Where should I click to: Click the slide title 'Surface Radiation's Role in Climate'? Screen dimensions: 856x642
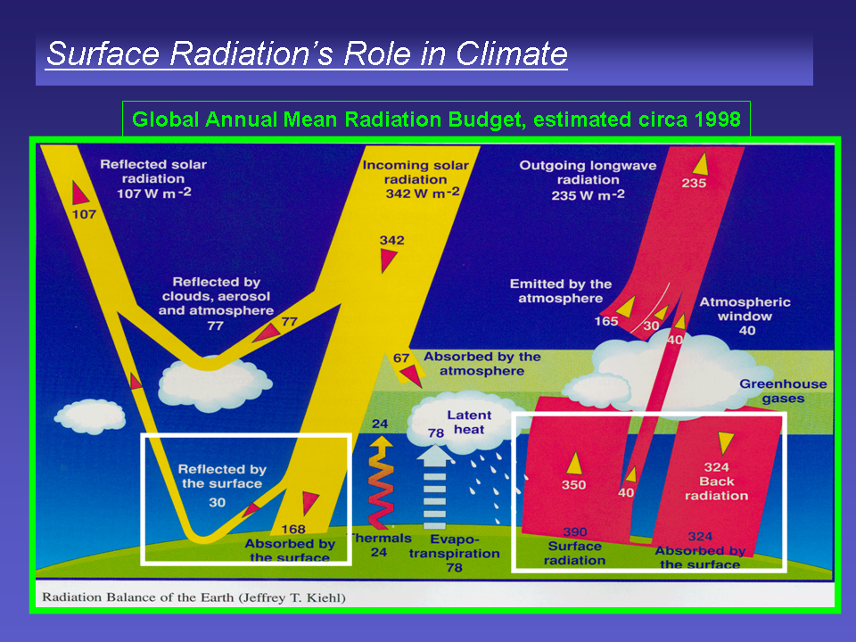(x=307, y=53)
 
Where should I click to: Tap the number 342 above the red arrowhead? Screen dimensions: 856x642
(x=392, y=240)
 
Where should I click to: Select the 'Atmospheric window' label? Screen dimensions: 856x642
(x=745, y=309)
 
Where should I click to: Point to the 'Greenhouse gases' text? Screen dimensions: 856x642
(x=783, y=391)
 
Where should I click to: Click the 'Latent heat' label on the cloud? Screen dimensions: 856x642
(x=469, y=422)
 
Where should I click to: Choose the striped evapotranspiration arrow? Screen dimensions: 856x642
(x=434, y=487)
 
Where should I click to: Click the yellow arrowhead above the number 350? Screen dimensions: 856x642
(x=573, y=463)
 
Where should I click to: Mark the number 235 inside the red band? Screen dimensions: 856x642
(x=694, y=184)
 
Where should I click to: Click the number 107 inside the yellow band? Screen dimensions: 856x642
(x=84, y=215)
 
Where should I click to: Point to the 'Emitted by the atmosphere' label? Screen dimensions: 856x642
(x=561, y=291)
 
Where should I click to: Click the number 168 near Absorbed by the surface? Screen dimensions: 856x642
(x=293, y=529)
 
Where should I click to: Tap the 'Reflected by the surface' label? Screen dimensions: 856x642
(x=222, y=476)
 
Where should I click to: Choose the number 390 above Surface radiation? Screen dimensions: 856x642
(x=575, y=531)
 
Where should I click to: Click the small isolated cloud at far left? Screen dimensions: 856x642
(x=90, y=416)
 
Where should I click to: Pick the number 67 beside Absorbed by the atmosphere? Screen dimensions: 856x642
(x=401, y=358)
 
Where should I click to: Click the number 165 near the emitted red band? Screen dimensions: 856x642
(x=606, y=321)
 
